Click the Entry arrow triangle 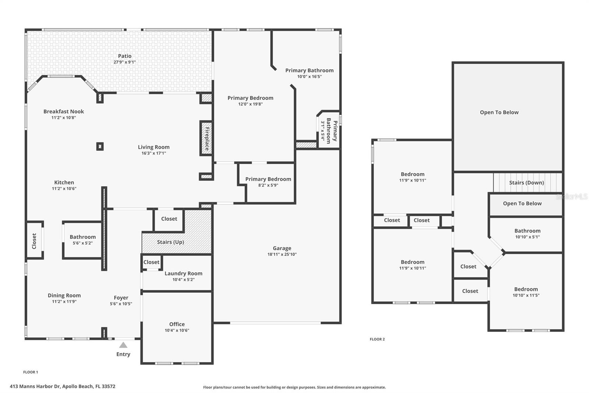(x=123, y=345)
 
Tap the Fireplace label (x=207, y=138)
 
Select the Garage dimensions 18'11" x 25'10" (x=282, y=254)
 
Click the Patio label (x=125, y=56)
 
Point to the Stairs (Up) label (x=170, y=242)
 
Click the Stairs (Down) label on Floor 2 (x=526, y=182)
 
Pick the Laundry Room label (x=183, y=273)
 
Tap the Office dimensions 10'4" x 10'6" (x=177, y=330)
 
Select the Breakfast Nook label (x=64, y=111)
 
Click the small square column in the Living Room (x=100, y=146)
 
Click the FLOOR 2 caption (x=377, y=339)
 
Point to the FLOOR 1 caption (x=31, y=372)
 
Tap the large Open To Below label (x=499, y=112)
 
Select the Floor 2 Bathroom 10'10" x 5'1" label (x=527, y=231)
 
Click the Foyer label (x=121, y=298)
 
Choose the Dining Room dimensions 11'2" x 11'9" (x=64, y=302)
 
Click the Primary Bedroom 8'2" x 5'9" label (x=268, y=179)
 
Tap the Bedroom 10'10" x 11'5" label (x=526, y=289)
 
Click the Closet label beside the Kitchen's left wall (x=34, y=241)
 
